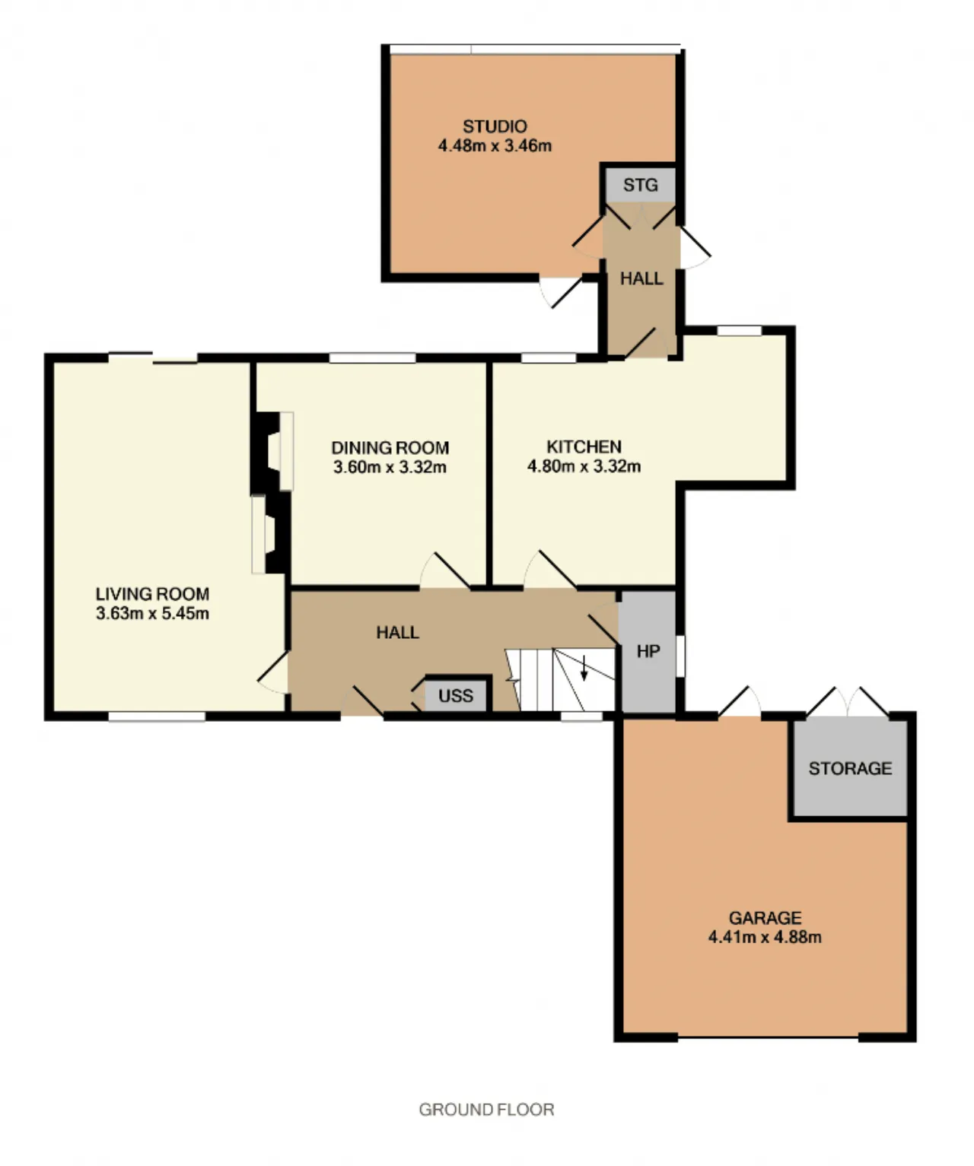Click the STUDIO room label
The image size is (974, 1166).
pos(495,126)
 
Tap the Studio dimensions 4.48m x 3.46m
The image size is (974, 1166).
pos(495,146)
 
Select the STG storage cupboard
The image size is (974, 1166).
pos(641,185)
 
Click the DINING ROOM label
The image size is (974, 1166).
pos(390,447)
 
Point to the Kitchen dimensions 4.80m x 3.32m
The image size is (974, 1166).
pos(584,465)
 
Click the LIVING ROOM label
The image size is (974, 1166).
pos(152,593)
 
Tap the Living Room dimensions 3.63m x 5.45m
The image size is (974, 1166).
pos(152,613)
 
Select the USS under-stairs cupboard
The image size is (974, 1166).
pos(456,696)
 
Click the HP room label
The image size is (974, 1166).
pos(648,651)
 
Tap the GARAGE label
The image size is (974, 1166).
pos(765,917)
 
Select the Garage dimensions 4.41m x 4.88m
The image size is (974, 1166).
pos(765,937)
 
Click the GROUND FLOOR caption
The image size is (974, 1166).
pos(486,1109)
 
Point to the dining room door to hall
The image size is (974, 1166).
pos(445,570)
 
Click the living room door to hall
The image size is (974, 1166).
pos(273,672)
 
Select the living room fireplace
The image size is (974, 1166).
pos(270,535)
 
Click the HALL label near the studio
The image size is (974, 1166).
pos(641,278)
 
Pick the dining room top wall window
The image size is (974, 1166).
pos(373,358)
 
